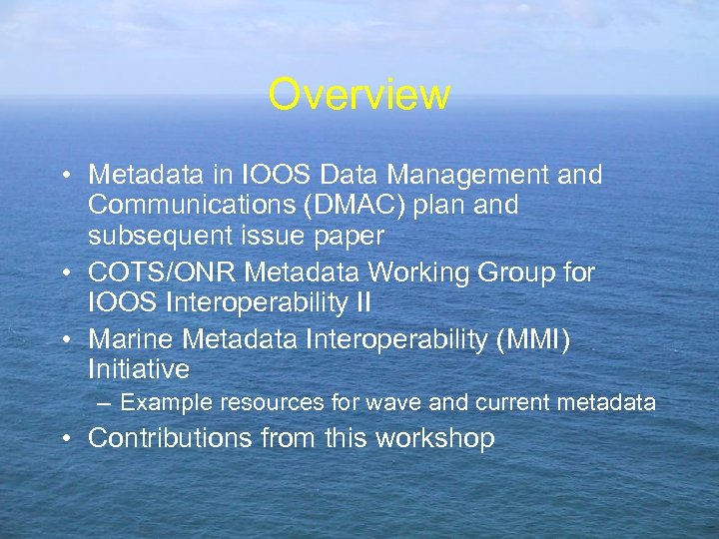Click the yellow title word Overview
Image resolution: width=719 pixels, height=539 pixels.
359,95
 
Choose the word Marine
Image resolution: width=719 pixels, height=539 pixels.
128,340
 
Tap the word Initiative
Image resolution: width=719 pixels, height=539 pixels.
139,369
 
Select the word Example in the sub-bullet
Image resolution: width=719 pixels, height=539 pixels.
160,403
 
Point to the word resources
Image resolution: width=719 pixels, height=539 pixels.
262,403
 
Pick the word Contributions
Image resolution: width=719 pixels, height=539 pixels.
171,438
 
